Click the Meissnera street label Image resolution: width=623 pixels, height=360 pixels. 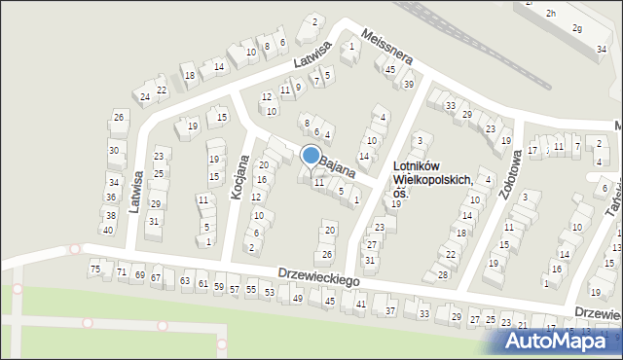coord(386,47)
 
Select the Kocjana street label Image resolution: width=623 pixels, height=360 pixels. coord(238,177)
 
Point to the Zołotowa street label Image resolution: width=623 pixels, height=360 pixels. coord(505,179)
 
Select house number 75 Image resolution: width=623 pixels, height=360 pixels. coord(95,269)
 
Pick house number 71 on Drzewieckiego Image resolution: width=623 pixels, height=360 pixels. coord(122,272)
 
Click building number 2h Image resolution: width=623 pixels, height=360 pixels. coord(551,13)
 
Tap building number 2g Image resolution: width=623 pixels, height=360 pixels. coord(577,29)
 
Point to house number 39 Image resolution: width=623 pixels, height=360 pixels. coord(409,85)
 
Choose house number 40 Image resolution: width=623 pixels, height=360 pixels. coord(107,230)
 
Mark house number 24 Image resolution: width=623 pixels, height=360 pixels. coord(145,96)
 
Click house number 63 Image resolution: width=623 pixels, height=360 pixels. coord(185,281)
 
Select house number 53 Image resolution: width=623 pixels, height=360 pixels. coord(270,292)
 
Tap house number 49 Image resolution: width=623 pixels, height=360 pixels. coord(298,298)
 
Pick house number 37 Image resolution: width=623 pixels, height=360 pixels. coord(390,311)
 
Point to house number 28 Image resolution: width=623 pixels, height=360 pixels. coord(443,274)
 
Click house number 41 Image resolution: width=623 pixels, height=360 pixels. coord(360,305)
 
